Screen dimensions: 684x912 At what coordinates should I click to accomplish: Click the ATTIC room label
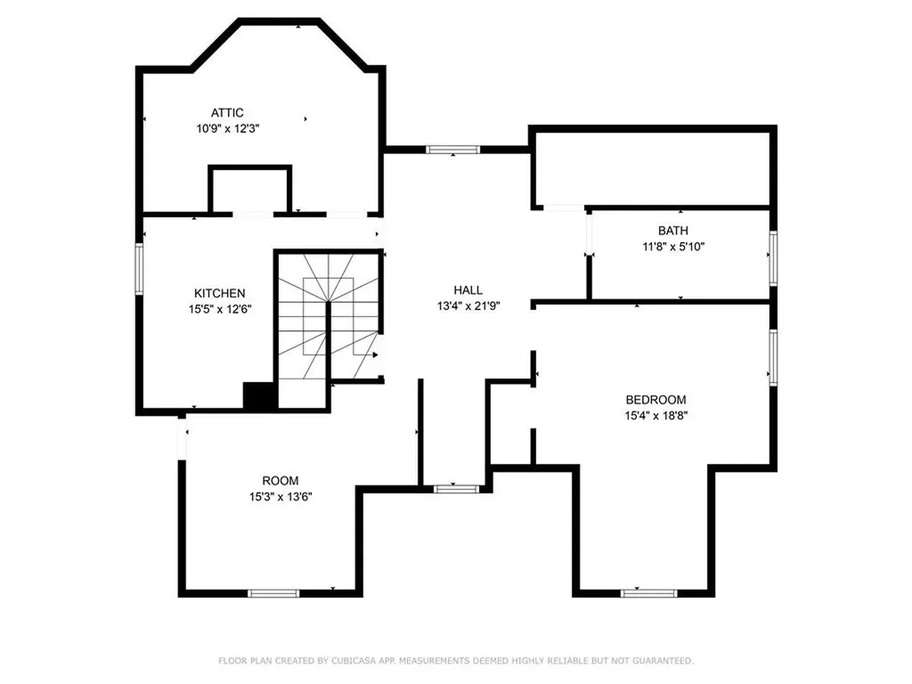pyautogui.click(x=227, y=112)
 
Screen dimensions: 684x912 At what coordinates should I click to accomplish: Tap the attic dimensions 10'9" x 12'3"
pyautogui.click(x=227, y=128)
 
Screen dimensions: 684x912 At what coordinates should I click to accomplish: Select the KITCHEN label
pyautogui.click(x=220, y=293)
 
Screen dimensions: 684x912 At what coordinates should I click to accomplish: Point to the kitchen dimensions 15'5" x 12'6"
pyautogui.click(x=220, y=309)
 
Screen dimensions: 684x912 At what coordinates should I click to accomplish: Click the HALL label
pyautogui.click(x=468, y=290)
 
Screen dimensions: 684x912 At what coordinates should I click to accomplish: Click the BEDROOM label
pyautogui.click(x=655, y=400)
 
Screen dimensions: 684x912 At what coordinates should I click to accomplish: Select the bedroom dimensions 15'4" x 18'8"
pyautogui.click(x=655, y=415)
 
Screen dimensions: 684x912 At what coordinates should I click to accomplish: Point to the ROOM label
pyautogui.click(x=280, y=481)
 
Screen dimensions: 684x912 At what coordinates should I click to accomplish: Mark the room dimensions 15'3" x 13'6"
pyautogui.click(x=280, y=497)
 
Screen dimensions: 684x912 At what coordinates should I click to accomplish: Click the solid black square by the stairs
pyautogui.click(x=259, y=396)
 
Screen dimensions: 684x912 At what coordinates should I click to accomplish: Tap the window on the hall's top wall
pyautogui.click(x=453, y=150)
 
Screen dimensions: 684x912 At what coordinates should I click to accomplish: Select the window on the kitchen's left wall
pyautogui.click(x=139, y=268)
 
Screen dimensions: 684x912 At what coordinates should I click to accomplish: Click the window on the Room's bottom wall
pyautogui.click(x=273, y=593)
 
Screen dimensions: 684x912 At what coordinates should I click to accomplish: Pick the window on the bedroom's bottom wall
pyautogui.click(x=648, y=593)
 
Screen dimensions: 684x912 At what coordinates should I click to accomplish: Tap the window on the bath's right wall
pyautogui.click(x=773, y=256)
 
